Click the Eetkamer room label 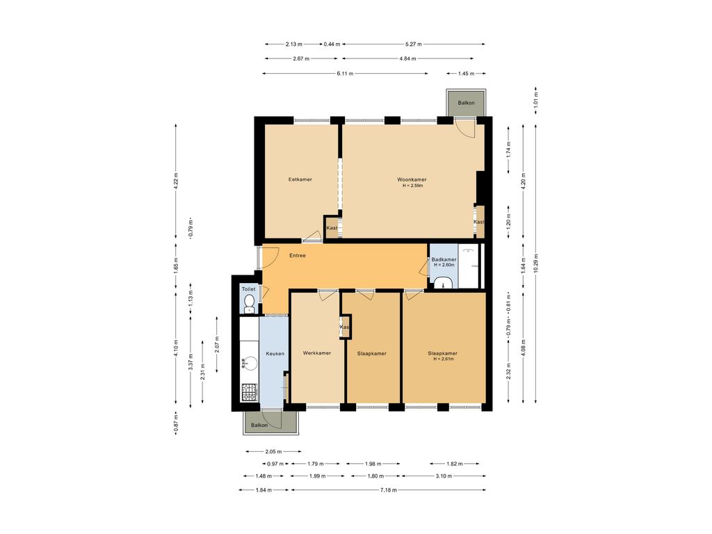(300, 179)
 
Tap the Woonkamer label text (412, 179)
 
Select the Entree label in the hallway (298, 256)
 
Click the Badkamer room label (444, 260)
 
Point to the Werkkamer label (317, 353)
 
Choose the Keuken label (275, 354)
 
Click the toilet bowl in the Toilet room (249, 303)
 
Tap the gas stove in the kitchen (249, 392)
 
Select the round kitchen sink (250, 363)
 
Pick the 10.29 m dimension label (536, 264)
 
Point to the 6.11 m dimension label (345, 74)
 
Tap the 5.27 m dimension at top (413, 44)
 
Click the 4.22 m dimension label (176, 181)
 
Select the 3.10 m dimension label (444, 476)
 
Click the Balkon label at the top (466, 103)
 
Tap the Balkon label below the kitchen (259, 426)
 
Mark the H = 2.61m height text (443, 359)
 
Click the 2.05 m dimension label (273, 452)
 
